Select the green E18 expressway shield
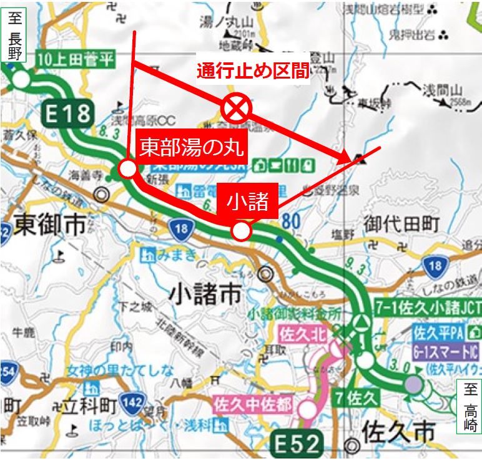(68, 114)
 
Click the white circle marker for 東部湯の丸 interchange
(128, 168)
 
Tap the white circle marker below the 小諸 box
(242, 231)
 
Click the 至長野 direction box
(14, 37)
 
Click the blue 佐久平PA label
(431, 332)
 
